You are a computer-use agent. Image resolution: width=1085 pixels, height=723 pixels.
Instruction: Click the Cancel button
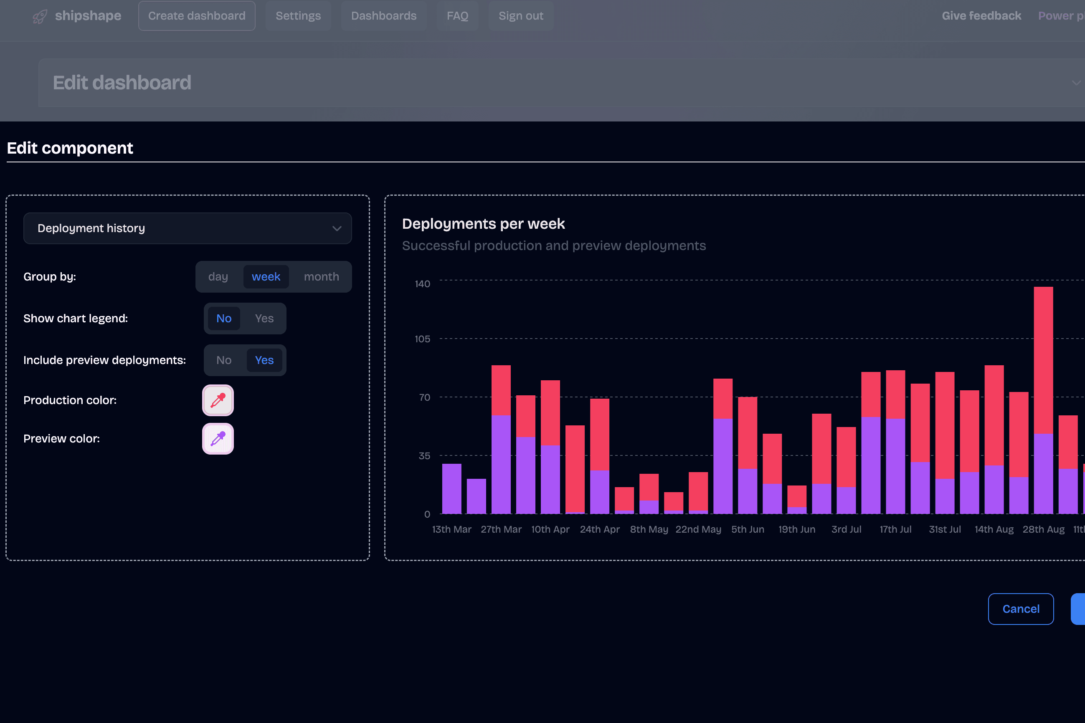click(1020, 609)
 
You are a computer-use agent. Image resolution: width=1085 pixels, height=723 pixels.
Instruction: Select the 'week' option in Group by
click(266, 277)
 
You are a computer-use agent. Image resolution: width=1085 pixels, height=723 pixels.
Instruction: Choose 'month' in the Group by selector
click(321, 277)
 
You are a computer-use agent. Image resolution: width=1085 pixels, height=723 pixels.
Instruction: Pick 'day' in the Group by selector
click(218, 277)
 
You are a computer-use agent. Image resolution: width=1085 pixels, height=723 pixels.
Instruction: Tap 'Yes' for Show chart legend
click(264, 319)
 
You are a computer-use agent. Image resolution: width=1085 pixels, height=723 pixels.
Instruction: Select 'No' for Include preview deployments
click(224, 360)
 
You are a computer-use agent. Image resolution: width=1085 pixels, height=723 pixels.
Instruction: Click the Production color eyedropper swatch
click(218, 400)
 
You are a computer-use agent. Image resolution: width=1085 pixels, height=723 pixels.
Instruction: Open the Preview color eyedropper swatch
click(218, 438)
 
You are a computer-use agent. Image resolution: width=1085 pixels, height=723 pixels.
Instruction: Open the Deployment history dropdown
click(187, 228)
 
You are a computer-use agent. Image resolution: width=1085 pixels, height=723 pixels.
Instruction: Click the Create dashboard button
click(197, 16)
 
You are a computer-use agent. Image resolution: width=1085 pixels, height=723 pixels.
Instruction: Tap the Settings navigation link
click(298, 16)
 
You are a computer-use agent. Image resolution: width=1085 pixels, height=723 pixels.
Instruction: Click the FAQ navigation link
click(457, 16)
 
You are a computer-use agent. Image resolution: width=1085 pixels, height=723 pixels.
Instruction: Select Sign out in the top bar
click(520, 16)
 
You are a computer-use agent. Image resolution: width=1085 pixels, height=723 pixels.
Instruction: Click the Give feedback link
click(981, 16)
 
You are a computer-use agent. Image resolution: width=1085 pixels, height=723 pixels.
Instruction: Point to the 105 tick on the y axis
click(422, 339)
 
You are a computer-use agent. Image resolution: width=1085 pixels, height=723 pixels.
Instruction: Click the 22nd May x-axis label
click(698, 529)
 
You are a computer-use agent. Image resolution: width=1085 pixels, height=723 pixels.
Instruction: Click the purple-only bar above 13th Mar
click(451, 488)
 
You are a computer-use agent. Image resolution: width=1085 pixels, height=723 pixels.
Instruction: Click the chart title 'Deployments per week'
click(483, 224)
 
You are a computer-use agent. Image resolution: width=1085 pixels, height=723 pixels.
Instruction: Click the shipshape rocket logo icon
click(40, 17)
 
